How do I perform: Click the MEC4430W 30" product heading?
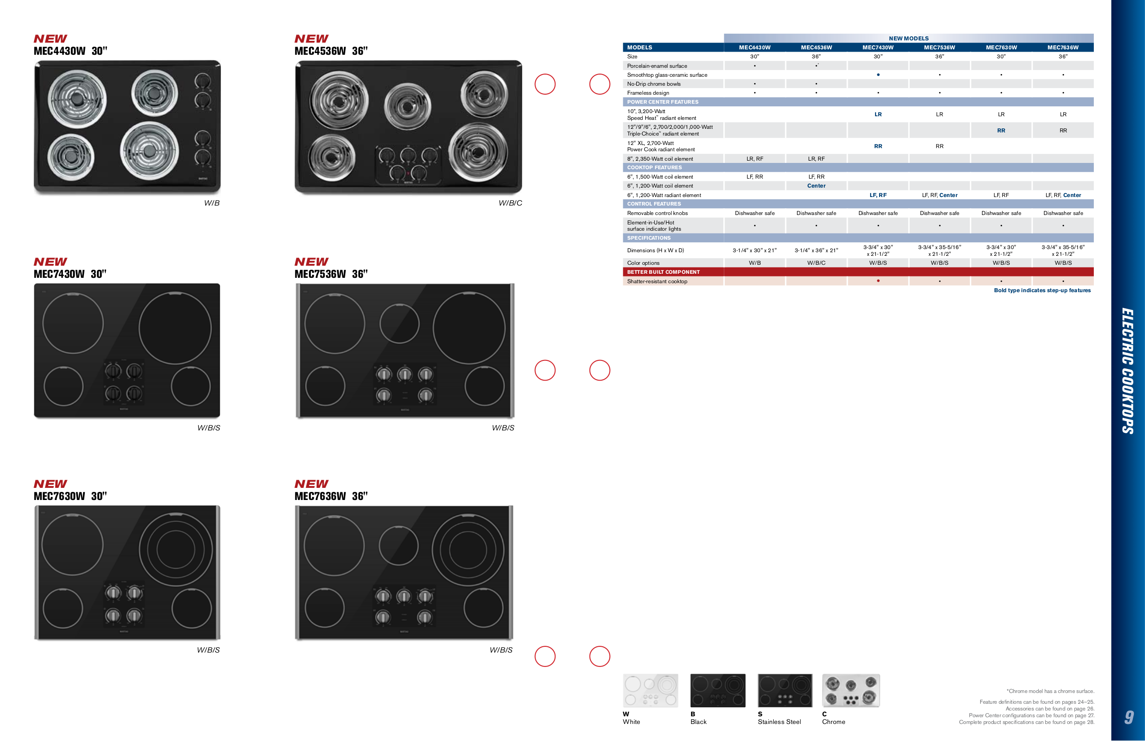tap(70, 51)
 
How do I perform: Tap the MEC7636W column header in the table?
tap(1063, 48)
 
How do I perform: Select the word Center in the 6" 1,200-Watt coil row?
tap(816, 186)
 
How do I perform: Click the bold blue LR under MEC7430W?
tap(877, 114)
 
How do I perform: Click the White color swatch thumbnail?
tap(650, 691)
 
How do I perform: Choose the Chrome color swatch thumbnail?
tap(850, 691)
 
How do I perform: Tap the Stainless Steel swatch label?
tap(779, 722)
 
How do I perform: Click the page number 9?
tap(1129, 717)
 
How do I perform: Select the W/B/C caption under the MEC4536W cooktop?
tap(510, 203)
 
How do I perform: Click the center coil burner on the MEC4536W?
tap(408, 107)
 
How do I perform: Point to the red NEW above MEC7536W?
tap(311, 262)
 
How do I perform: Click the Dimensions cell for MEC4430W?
tap(754, 250)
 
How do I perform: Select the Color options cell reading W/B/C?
tap(816, 263)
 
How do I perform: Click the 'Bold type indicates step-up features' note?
tap(1042, 290)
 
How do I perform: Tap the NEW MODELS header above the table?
tap(908, 39)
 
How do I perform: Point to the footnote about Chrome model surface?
tap(1050, 692)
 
